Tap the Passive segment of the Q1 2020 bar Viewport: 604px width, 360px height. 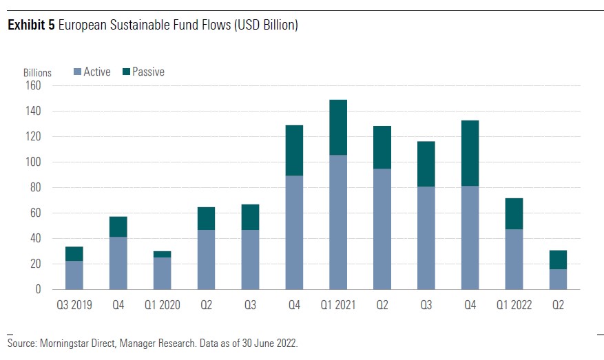click(x=162, y=254)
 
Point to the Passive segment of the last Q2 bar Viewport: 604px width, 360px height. click(x=557, y=260)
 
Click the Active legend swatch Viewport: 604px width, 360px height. click(x=77, y=72)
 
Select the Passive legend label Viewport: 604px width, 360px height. click(x=148, y=72)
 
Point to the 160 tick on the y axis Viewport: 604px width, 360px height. click(x=34, y=86)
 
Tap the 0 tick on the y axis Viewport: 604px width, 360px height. click(x=39, y=289)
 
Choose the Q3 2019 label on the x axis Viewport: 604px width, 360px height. click(x=74, y=305)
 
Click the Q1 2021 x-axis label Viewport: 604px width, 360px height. click(x=337, y=305)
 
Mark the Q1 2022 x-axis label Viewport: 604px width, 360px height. click(x=513, y=305)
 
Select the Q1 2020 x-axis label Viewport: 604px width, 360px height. click(x=162, y=305)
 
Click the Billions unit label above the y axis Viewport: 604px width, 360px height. click(x=37, y=73)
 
